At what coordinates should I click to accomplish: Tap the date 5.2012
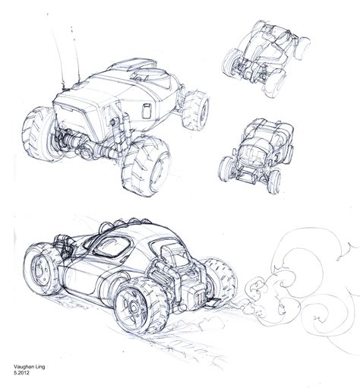21,373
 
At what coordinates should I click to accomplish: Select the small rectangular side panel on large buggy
147,111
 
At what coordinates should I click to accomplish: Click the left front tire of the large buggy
38,134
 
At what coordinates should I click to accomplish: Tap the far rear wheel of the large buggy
196,111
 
